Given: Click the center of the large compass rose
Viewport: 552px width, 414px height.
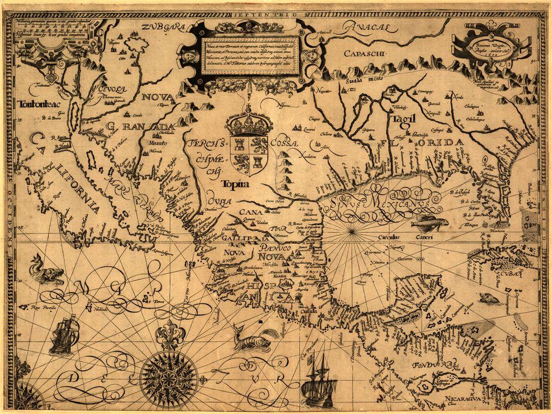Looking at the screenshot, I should tap(169, 373).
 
